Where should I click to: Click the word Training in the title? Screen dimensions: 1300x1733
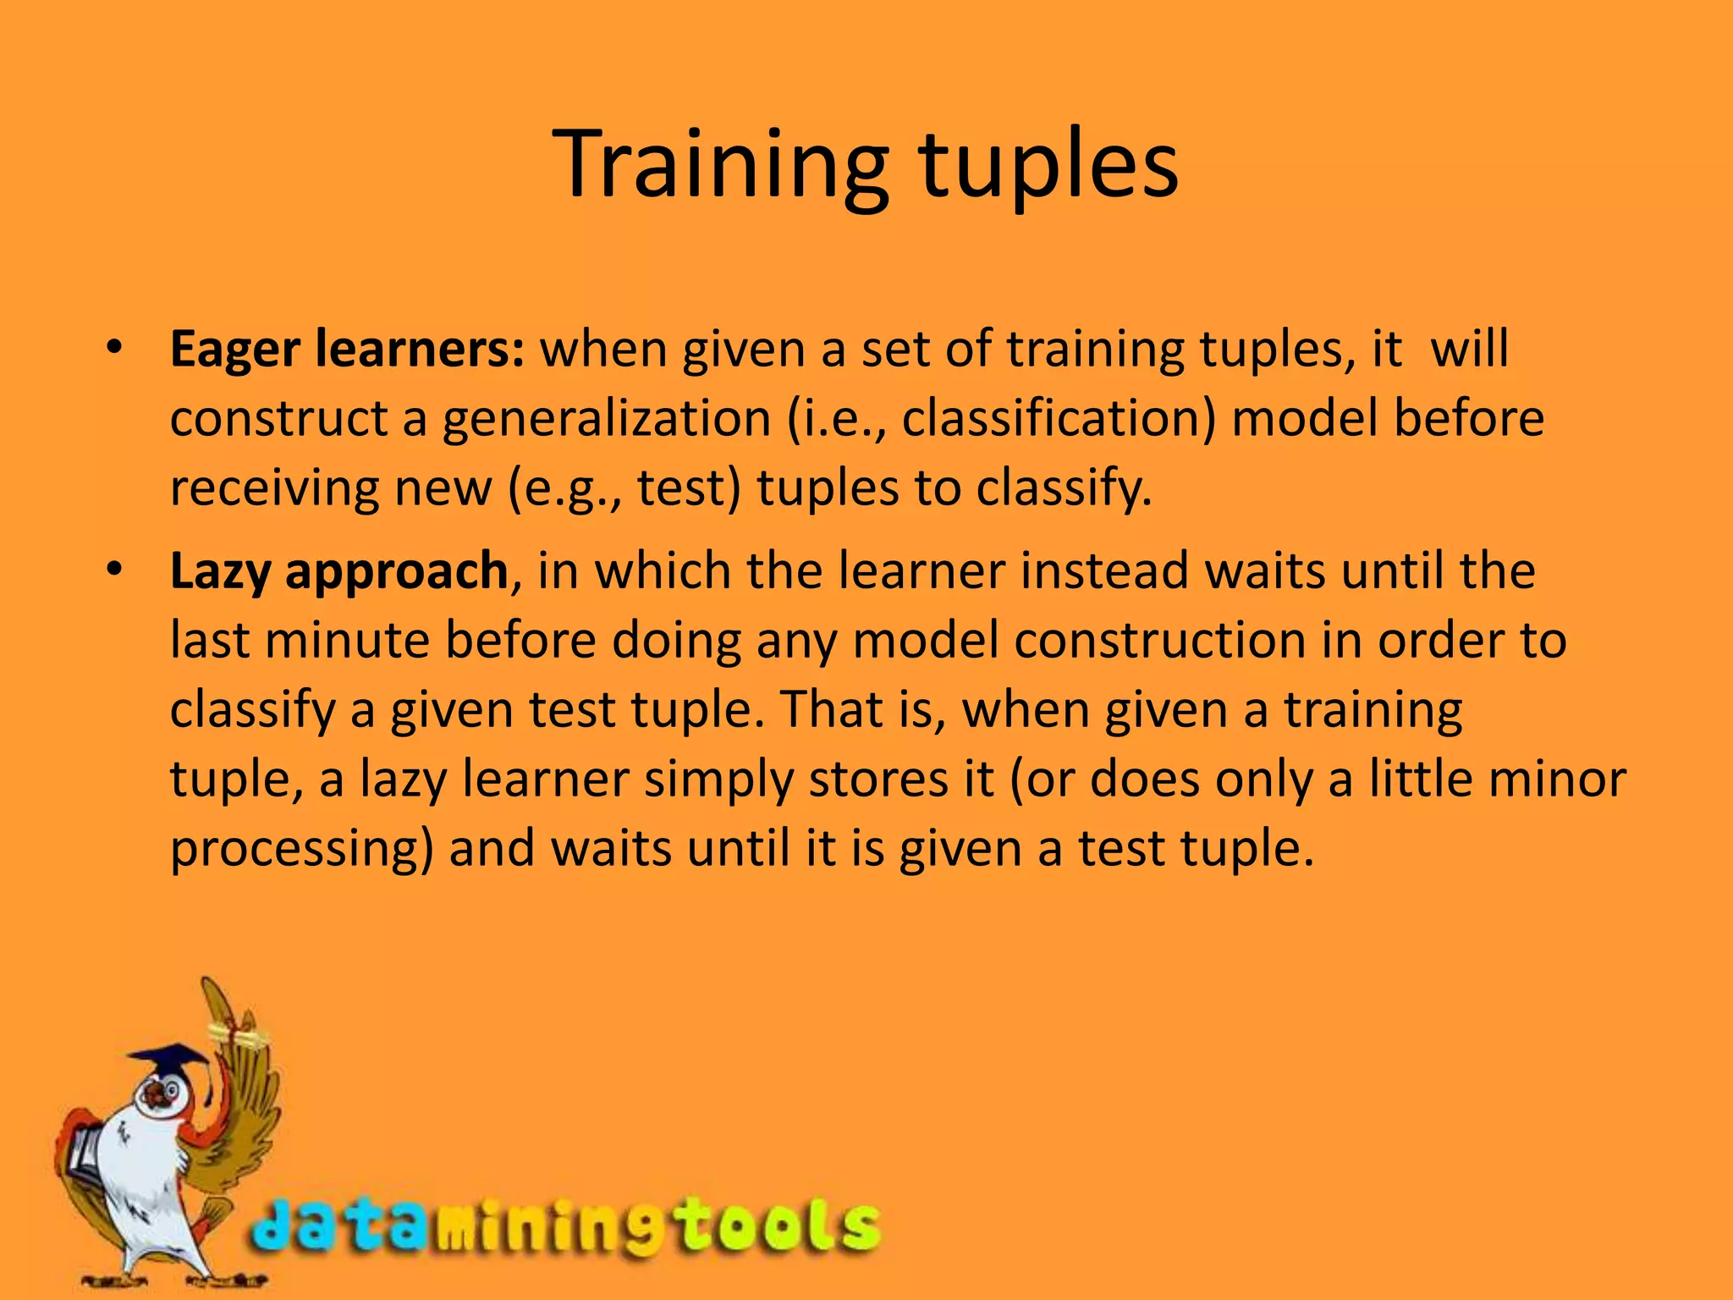coord(720,165)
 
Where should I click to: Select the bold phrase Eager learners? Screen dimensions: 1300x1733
coord(347,350)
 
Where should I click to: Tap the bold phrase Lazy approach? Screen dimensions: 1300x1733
coord(338,571)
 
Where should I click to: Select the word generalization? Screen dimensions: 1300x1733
coord(606,419)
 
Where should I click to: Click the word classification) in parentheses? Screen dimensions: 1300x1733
coord(1059,419)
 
